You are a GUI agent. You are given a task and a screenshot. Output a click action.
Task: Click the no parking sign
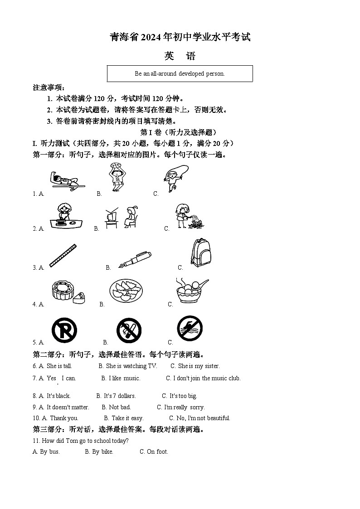(64, 330)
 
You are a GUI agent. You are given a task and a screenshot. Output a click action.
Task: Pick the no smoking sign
(129, 331)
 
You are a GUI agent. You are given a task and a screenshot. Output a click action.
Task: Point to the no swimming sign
(190, 330)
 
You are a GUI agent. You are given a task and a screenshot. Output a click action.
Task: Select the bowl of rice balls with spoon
(191, 291)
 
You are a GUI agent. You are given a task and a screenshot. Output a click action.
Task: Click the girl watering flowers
(188, 215)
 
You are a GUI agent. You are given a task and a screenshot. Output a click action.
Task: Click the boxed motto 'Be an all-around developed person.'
(180, 73)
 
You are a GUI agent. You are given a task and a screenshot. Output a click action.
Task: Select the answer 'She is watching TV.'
(131, 366)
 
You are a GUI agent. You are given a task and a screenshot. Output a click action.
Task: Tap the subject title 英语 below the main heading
(180, 56)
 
